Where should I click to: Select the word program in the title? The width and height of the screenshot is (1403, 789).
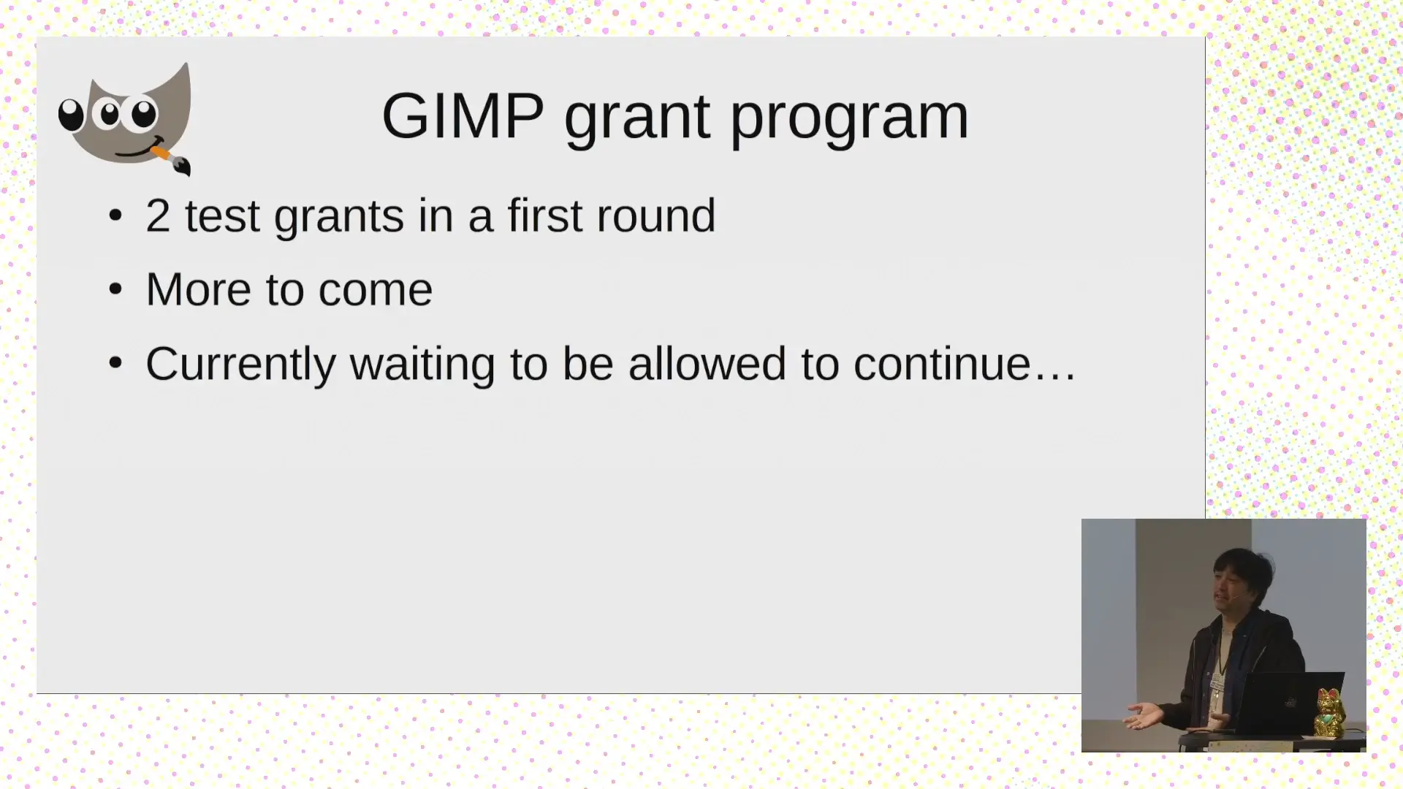tap(849, 118)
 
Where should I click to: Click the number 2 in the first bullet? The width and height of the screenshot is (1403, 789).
tap(158, 216)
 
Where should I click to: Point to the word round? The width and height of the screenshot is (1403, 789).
tap(655, 216)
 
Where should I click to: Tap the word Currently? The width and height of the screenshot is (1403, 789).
tap(240, 365)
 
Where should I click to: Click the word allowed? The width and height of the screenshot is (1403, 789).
tap(707, 364)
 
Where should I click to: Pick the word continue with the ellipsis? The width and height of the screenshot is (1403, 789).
tap(964, 364)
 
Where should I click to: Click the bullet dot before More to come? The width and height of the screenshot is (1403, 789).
tap(115, 289)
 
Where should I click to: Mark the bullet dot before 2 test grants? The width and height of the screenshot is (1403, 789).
tap(115, 216)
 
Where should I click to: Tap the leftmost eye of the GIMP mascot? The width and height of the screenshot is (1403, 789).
tap(71, 115)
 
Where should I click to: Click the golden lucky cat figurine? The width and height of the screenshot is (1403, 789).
tap(1330, 713)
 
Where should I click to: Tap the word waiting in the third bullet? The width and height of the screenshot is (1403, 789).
tap(422, 365)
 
